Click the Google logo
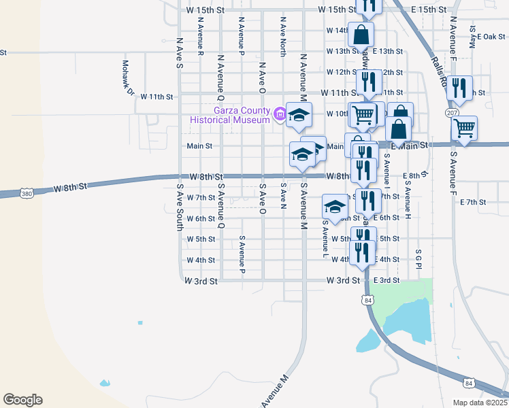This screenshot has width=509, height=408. coord(22,400)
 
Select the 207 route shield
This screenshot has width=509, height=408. coord(452,112)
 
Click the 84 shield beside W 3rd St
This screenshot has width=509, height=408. coord(368,300)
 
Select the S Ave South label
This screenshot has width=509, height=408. coord(180,207)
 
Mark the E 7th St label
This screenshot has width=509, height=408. coord(473,202)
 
